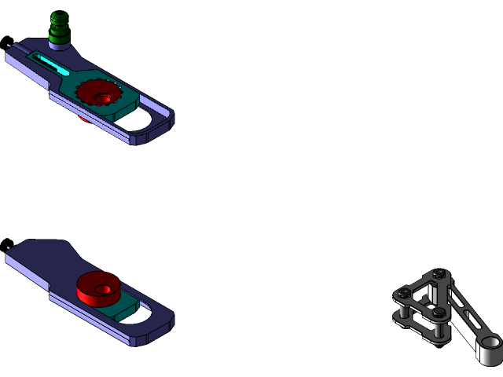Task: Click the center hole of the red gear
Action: (101, 98)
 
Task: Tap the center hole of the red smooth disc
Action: (101, 289)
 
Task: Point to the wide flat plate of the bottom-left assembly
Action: (43, 259)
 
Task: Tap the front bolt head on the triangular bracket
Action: (438, 313)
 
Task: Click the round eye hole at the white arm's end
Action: (491, 343)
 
